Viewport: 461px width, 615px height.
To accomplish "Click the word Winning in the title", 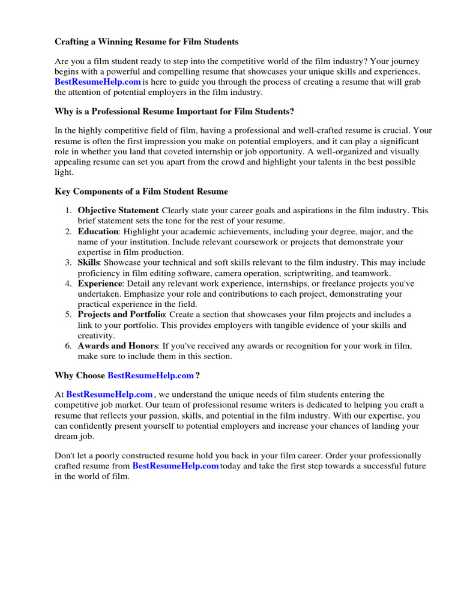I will (x=115, y=42).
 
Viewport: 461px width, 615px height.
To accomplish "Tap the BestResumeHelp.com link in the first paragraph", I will (x=98, y=82).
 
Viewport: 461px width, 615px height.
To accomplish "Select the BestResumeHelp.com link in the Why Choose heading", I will (x=151, y=376).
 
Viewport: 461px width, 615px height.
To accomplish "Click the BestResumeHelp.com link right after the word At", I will (x=109, y=395).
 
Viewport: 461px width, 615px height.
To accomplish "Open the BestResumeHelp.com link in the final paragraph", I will (x=175, y=466).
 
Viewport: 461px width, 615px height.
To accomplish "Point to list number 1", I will (x=68, y=211).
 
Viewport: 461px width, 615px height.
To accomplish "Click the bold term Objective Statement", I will (x=118, y=211).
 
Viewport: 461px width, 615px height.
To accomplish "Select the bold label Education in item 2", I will (x=99, y=232).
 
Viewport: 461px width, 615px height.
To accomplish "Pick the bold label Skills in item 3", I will (x=88, y=263).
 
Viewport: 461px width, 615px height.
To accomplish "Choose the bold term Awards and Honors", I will (x=118, y=347).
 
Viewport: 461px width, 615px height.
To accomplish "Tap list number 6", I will (x=68, y=347).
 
